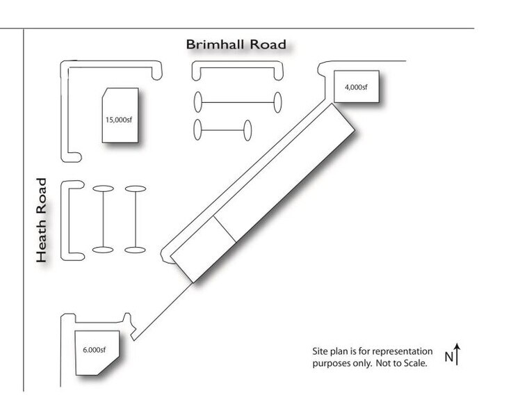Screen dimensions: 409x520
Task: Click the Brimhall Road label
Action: click(236, 45)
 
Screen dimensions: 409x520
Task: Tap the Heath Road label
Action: click(42, 220)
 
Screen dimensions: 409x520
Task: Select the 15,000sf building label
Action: click(119, 119)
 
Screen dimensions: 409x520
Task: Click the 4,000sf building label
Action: click(355, 88)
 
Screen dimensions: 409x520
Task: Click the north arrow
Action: click(457, 353)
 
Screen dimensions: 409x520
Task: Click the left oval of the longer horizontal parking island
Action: click(198, 102)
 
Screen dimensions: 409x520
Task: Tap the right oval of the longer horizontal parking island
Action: click(277, 102)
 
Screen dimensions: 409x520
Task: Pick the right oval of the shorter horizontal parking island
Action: click(247, 129)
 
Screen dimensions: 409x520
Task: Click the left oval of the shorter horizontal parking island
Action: click(198, 129)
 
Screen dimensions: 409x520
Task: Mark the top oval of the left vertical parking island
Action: click(103, 188)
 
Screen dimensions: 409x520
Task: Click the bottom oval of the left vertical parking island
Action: click(103, 249)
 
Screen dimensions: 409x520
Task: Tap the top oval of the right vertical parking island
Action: click(135, 188)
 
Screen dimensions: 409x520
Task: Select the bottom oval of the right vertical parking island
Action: click(135, 249)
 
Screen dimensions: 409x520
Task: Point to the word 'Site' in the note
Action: click(320, 351)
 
